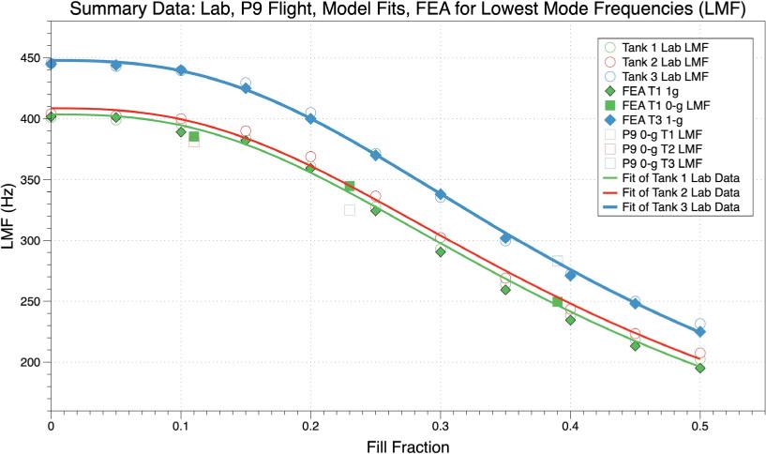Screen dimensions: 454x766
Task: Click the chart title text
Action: click(383, 10)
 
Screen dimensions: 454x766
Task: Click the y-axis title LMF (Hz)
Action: click(14, 221)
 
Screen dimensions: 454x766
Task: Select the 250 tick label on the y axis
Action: click(29, 302)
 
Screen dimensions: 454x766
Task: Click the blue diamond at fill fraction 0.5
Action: click(699, 331)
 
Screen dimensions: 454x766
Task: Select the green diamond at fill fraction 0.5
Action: click(699, 368)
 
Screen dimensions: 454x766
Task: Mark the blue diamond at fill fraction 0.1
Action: click(181, 70)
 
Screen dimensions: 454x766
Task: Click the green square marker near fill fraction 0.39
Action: click(557, 302)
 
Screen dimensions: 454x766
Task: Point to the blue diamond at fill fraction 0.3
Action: click(441, 194)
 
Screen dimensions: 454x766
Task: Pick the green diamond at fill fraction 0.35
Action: click(505, 290)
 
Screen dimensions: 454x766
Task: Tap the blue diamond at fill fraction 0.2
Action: click(310, 119)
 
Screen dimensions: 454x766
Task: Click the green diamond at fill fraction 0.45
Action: click(635, 345)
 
